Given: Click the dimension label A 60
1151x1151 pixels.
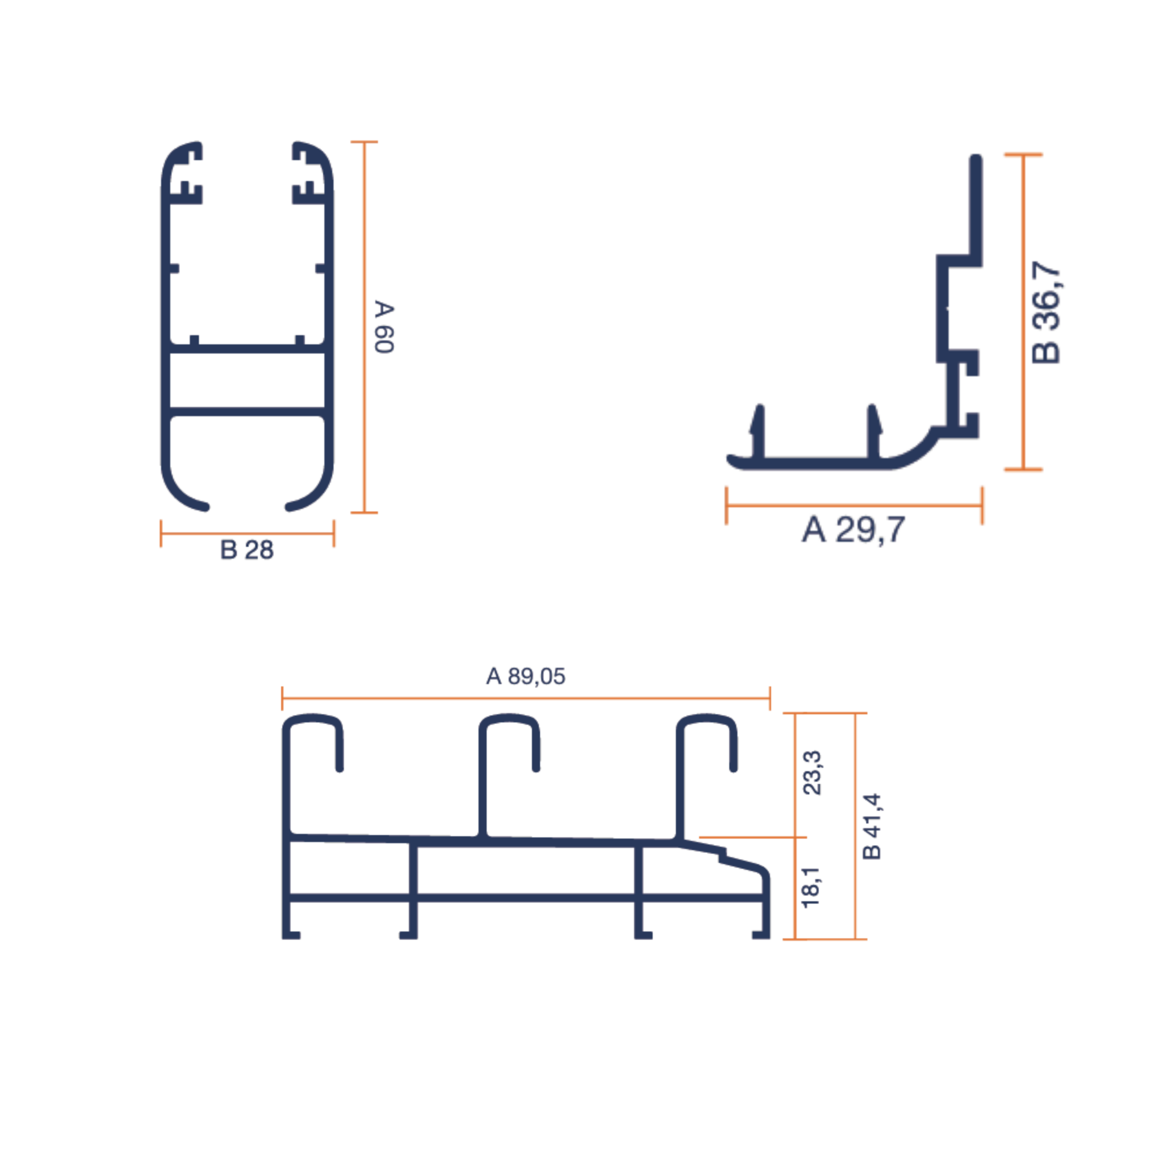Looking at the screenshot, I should click(384, 326).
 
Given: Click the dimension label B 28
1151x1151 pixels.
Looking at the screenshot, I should click(247, 550).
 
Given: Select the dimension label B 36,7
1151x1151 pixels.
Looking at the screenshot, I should click(1046, 312).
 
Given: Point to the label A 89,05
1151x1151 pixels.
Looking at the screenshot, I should click(526, 676).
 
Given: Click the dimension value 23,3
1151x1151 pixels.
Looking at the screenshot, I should click(812, 773).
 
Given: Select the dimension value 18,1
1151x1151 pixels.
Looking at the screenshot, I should click(812, 887).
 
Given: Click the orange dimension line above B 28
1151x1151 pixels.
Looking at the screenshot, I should click(247, 533).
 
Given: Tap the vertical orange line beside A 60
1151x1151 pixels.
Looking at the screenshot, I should click(365, 326).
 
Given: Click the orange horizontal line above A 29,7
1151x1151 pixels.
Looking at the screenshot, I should click(854, 505).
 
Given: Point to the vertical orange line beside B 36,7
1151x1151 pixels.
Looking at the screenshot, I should click(1023, 312).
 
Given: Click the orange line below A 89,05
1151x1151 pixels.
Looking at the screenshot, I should click(526, 698).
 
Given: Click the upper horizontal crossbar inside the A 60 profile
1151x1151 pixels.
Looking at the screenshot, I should click(247, 348).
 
